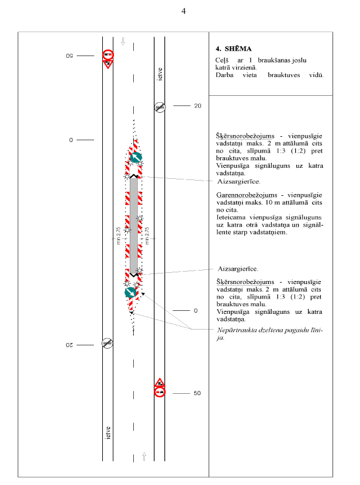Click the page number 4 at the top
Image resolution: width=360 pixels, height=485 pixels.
click(x=183, y=12)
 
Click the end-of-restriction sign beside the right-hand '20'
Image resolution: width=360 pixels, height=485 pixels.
click(x=160, y=106)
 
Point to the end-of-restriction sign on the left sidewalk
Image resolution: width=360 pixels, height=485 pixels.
click(x=108, y=343)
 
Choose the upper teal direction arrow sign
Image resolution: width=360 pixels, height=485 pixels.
click(x=136, y=157)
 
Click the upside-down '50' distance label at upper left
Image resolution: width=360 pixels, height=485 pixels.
click(x=68, y=56)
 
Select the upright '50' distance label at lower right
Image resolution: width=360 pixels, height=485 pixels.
click(x=197, y=393)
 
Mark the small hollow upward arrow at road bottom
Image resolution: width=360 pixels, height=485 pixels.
click(x=144, y=456)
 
